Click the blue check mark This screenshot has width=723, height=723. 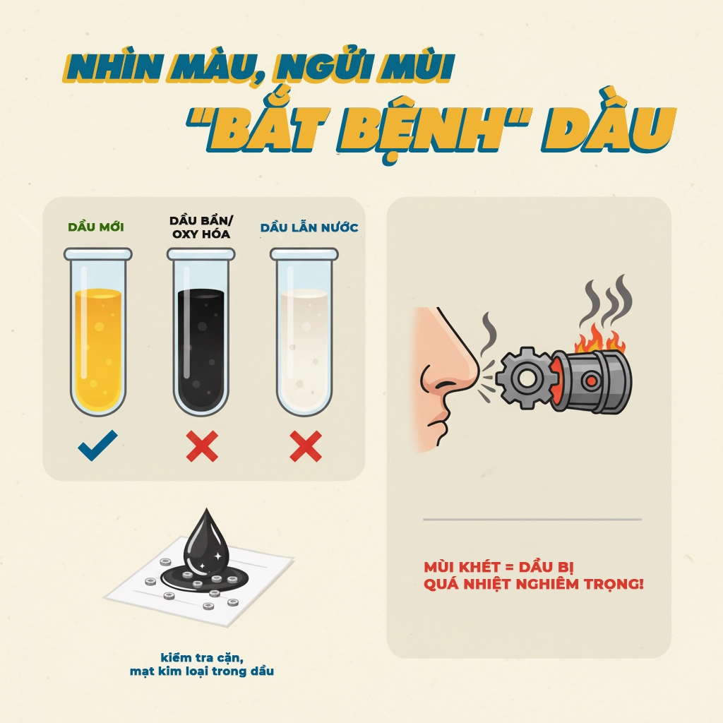(x=97, y=446)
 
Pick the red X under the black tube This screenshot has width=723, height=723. (x=202, y=446)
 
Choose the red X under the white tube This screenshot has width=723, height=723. (x=306, y=446)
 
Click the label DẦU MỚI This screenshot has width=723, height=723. (x=96, y=227)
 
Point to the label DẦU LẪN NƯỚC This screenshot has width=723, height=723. (x=309, y=227)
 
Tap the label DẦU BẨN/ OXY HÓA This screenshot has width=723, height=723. (x=201, y=227)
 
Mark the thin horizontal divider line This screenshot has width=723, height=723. (x=532, y=520)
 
